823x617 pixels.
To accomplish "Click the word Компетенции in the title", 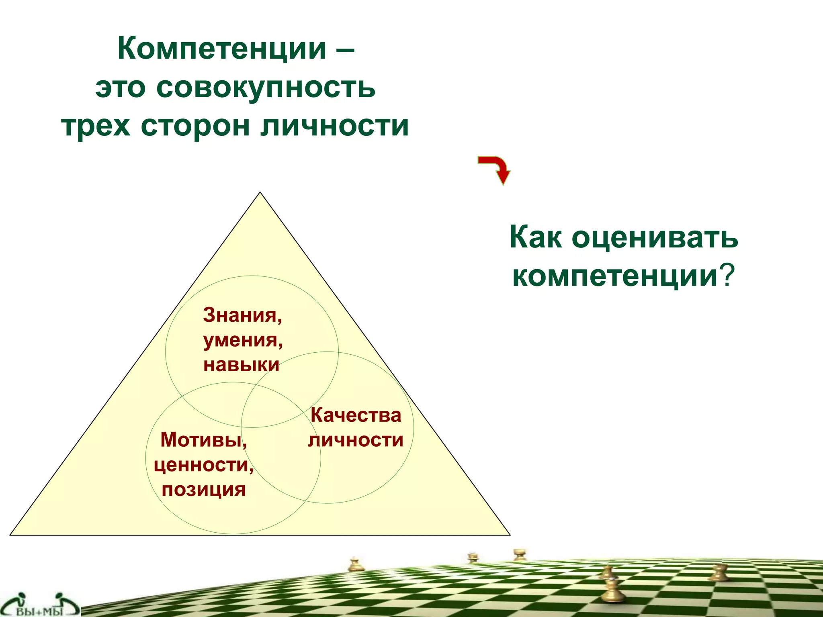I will [221, 49].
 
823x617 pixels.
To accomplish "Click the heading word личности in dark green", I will [334, 126].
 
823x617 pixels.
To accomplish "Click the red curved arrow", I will [495, 169].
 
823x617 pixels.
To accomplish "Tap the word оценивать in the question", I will [655, 238].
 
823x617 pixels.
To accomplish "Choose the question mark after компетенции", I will [728, 276].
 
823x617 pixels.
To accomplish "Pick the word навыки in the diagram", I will [241, 365].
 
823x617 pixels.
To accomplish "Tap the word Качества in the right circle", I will [356, 415].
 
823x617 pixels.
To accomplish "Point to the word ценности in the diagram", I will [203, 465].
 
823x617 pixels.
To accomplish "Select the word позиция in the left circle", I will [203, 489].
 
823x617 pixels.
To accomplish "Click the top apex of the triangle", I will [260, 193].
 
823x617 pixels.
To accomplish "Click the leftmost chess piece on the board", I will [354, 564].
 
